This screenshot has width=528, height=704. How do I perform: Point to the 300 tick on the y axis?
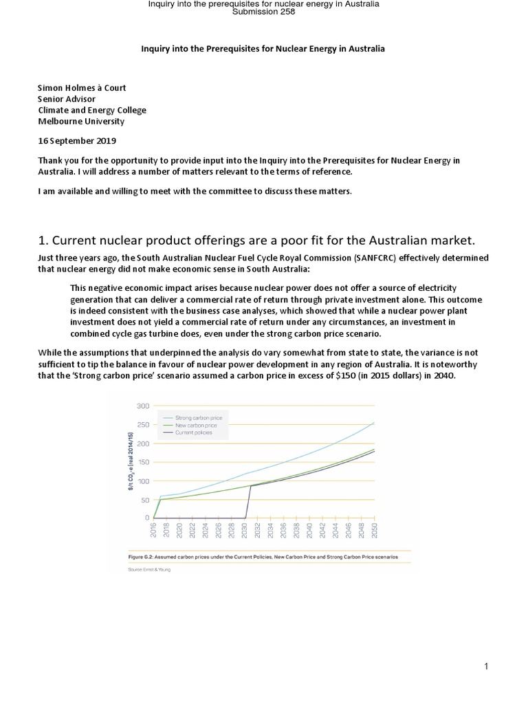[x=143, y=406]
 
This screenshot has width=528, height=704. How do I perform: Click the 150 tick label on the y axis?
[x=143, y=462]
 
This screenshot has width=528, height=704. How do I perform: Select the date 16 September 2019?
[x=77, y=141]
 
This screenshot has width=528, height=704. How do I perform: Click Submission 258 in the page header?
[x=264, y=12]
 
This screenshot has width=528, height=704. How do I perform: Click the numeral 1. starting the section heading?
[x=42, y=239]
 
